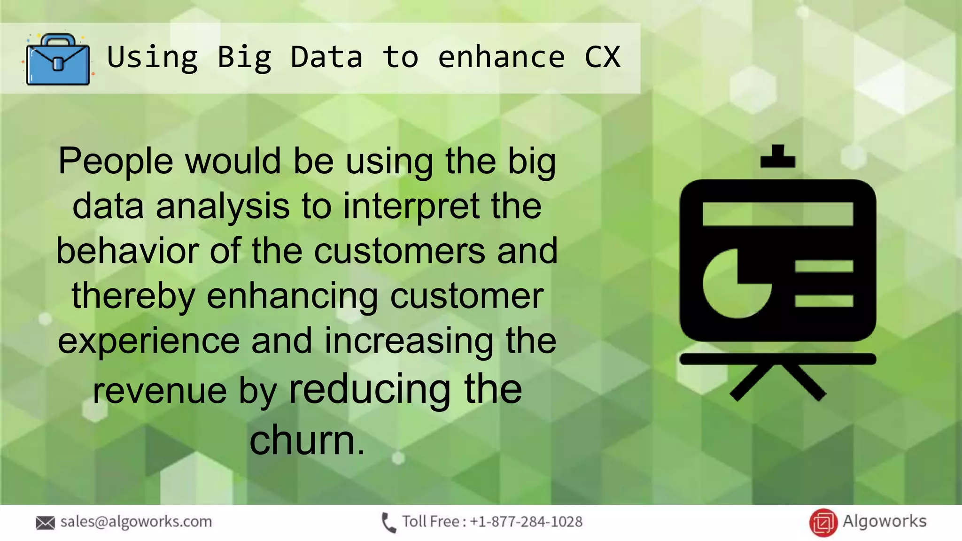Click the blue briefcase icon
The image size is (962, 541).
pyautogui.click(x=58, y=60)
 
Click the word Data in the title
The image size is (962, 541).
pyautogui.click(x=326, y=57)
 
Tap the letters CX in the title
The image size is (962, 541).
pyautogui.click(x=602, y=57)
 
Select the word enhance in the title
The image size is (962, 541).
pyautogui.click(x=501, y=57)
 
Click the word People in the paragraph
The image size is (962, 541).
pyautogui.click(x=116, y=161)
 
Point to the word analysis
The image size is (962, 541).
pyautogui.click(x=223, y=207)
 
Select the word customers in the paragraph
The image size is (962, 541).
pyautogui.click(x=399, y=251)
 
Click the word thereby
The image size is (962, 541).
pyautogui.click(x=133, y=297)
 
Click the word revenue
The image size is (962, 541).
pyautogui.click(x=160, y=391)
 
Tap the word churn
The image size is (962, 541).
pyautogui.click(x=302, y=440)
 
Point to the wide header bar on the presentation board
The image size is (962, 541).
pyautogui.click(x=777, y=214)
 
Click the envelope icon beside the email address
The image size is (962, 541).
pyautogui.click(x=45, y=523)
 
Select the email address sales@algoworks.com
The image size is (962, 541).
pyautogui.click(x=136, y=522)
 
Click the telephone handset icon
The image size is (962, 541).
pyautogui.click(x=388, y=523)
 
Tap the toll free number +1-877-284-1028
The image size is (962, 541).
pyautogui.click(x=526, y=522)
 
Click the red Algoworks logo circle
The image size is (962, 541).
pyautogui.click(x=823, y=523)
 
